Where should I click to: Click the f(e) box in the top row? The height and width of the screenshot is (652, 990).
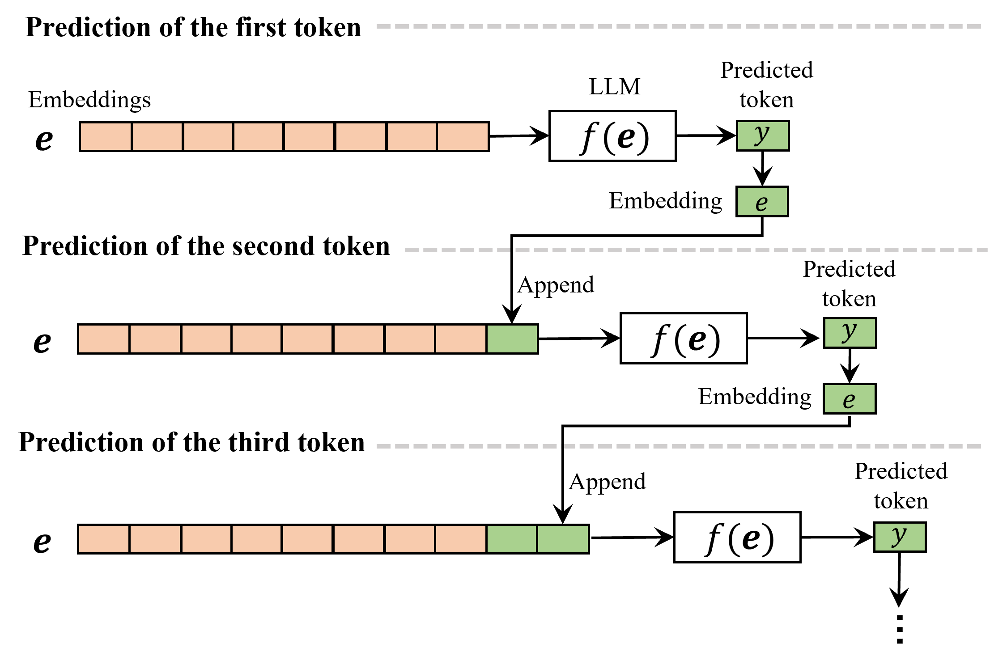pos(612,136)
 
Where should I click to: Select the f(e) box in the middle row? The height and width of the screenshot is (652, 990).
pos(684,338)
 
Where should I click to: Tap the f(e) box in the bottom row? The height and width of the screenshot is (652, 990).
pos(737,537)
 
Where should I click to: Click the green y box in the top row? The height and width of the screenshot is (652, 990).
pos(763,135)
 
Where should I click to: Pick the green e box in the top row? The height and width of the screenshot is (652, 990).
pos(762,202)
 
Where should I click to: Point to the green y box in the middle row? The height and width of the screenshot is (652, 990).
pos(850,333)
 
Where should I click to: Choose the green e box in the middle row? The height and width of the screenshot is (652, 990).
pos(850,398)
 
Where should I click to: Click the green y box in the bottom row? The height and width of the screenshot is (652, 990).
pos(900,537)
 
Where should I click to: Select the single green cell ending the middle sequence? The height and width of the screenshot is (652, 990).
pos(512,339)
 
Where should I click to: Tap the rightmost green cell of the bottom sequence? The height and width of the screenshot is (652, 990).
pos(563,539)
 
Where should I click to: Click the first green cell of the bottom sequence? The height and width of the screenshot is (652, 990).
pos(511,539)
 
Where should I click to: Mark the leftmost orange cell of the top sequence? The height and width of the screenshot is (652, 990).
pos(106,136)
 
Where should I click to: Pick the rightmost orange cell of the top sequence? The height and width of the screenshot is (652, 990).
pos(463,136)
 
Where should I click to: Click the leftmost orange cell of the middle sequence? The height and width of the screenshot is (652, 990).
pos(104,339)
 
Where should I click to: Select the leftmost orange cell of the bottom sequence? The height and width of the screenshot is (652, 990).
pos(104,539)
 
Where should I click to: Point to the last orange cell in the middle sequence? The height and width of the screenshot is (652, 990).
pos(461,339)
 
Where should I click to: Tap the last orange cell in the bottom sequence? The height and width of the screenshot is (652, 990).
pos(461,539)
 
